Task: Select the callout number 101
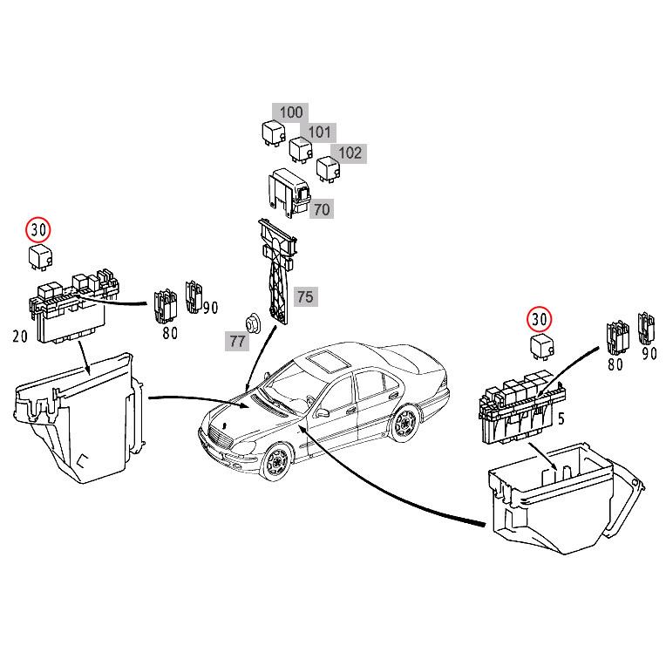click(x=320, y=133)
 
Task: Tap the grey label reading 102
click(x=350, y=153)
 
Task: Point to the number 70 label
click(x=322, y=209)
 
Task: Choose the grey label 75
click(x=304, y=296)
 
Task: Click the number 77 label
click(x=237, y=341)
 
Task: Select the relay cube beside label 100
click(x=271, y=133)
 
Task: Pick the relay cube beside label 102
click(x=327, y=168)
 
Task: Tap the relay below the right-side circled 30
click(x=541, y=346)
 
